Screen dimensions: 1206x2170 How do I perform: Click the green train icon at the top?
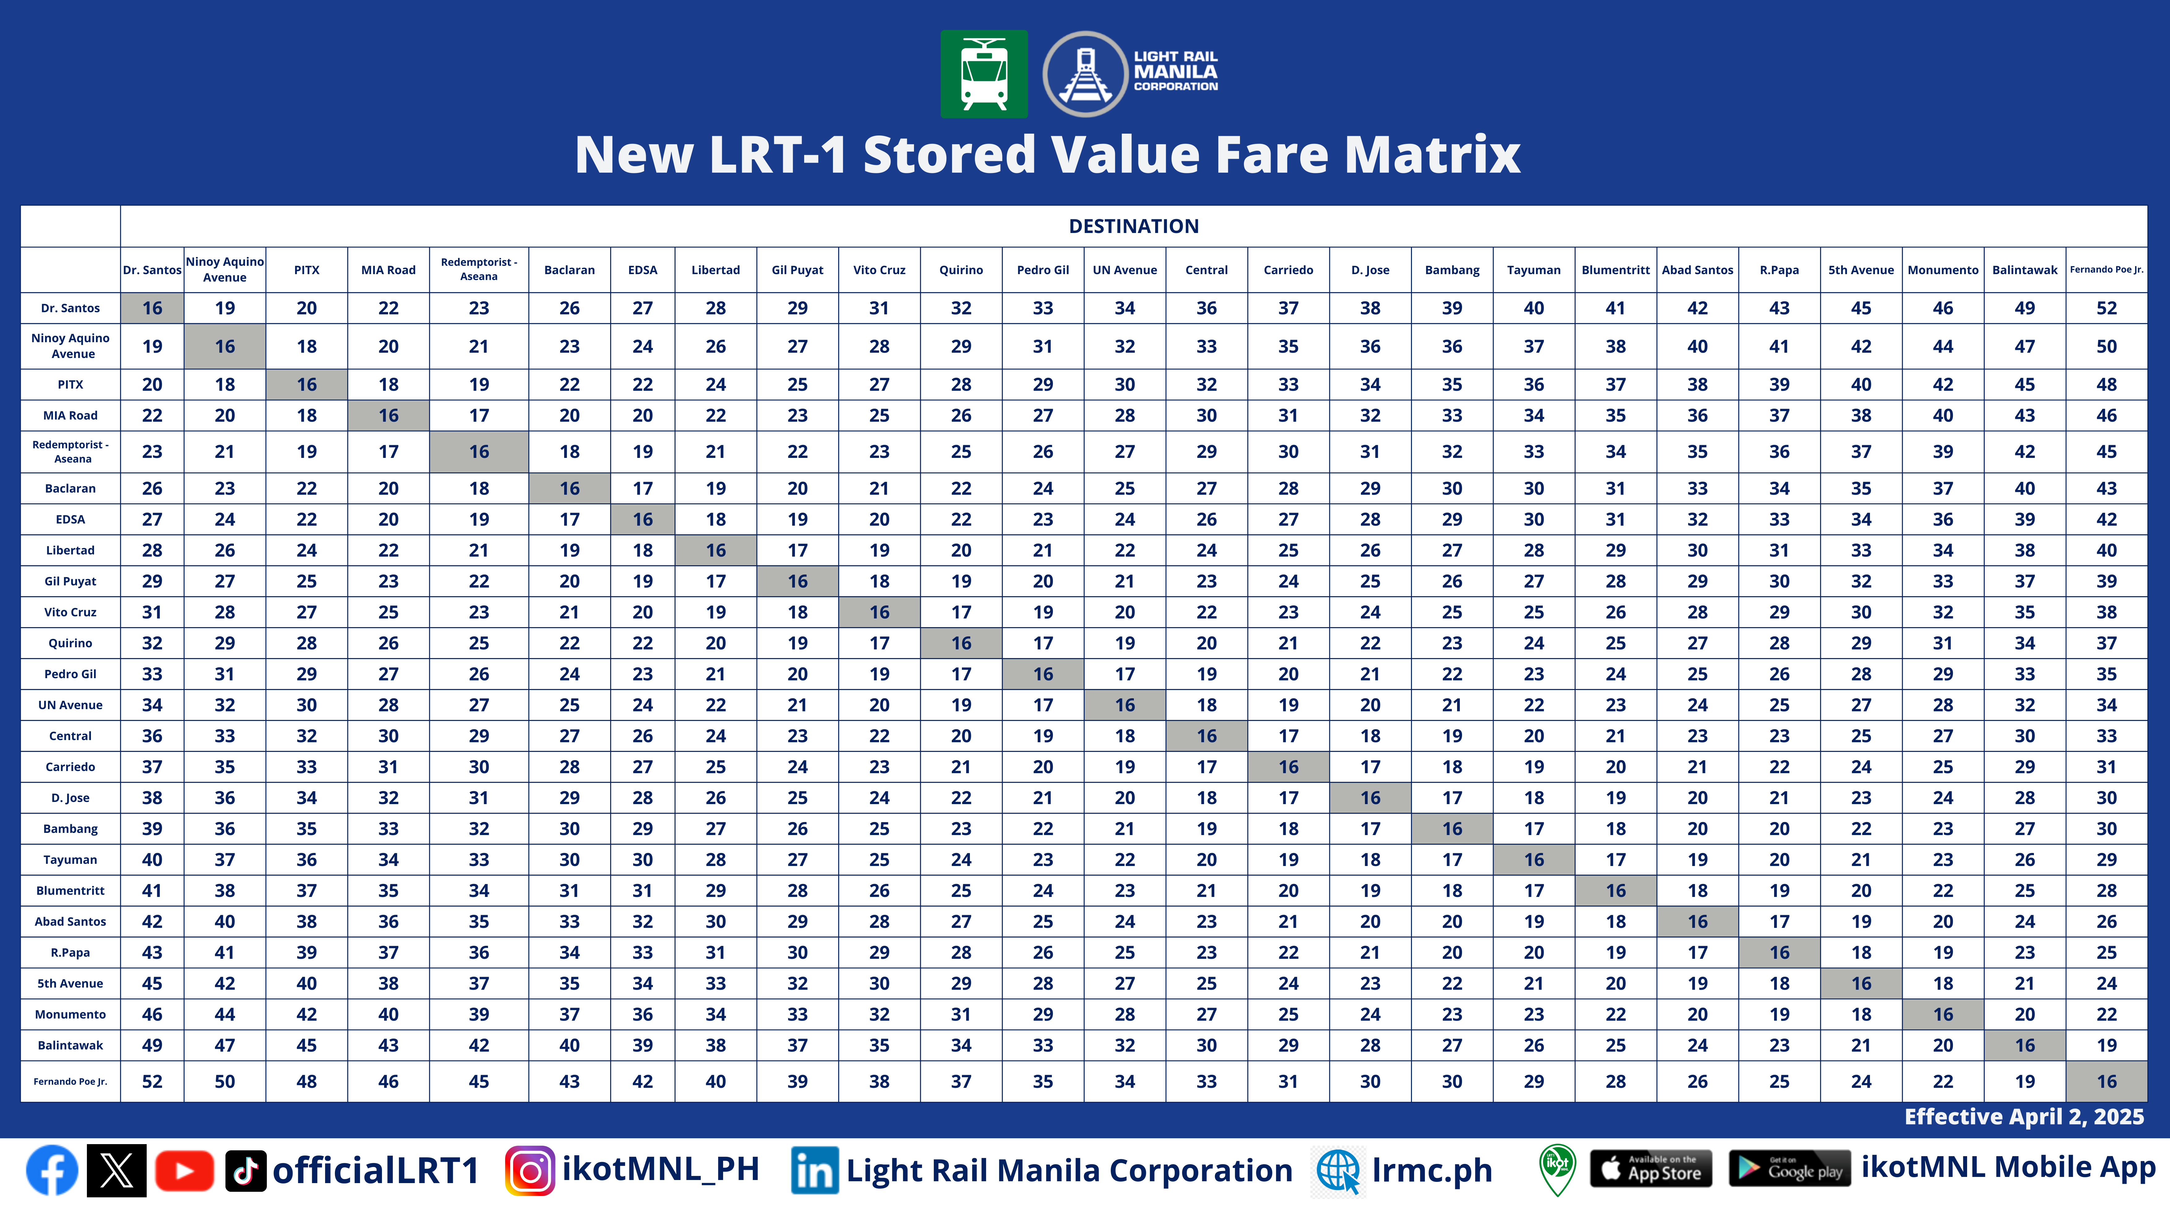point(983,74)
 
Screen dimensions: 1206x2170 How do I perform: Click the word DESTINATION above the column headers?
point(1133,226)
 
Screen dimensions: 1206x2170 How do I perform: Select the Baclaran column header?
point(569,270)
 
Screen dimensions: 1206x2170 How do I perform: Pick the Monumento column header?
point(1943,270)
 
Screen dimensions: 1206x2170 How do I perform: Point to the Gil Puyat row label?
point(70,582)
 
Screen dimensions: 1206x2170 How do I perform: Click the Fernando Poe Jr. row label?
point(70,1081)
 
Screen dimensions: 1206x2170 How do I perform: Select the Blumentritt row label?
point(70,891)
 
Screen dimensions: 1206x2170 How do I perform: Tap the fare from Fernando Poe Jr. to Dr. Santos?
point(152,1081)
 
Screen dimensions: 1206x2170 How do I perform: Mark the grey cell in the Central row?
point(1206,736)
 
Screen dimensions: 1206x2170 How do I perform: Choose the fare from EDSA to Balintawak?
point(2024,519)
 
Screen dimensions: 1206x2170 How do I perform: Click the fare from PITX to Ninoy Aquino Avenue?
point(224,384)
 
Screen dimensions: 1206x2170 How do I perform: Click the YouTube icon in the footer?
point(184,1171)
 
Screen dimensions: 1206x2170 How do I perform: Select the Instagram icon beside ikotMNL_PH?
point(530,1171)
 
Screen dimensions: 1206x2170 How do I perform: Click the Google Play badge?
point(1789,1169)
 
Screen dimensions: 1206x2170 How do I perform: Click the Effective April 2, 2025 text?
point(2023,1117)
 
